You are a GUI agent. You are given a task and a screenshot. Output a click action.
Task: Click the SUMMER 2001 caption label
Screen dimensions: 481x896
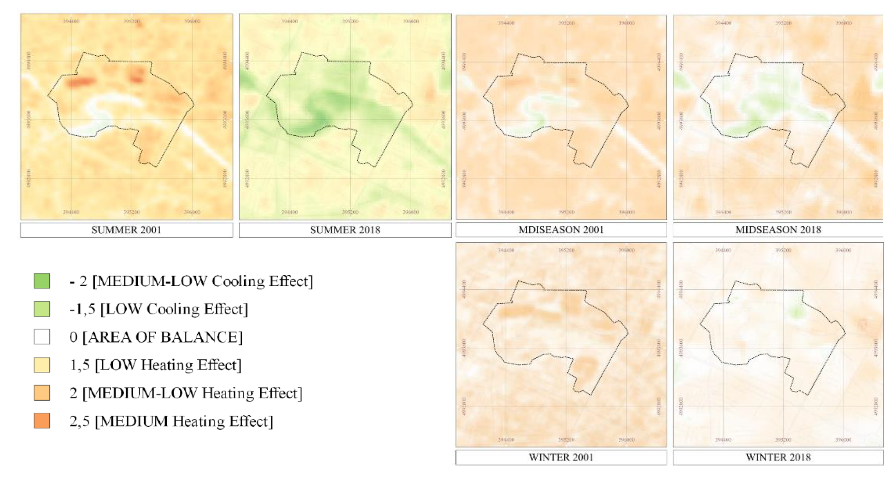click(x=126, y=230)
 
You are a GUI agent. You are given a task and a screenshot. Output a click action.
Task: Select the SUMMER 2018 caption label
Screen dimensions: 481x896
click(x=345, y=230)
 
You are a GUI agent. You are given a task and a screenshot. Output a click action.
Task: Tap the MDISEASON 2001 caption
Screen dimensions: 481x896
click(x=561, y=230)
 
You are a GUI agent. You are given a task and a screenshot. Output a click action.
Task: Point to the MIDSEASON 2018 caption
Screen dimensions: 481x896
click(x=778, y=230)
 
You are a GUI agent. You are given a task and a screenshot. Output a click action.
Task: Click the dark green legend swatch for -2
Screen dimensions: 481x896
click(x=42, y=281)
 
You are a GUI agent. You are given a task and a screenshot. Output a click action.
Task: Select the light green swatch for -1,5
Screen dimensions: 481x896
click(x=42, y=309)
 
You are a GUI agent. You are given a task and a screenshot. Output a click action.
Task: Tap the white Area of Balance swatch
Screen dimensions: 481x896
click(x=42, y=337)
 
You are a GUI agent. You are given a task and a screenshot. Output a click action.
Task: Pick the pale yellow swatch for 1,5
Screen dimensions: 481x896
click(x=42, y=365)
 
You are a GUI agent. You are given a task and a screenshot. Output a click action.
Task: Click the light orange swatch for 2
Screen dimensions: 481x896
click(x=42, y=393)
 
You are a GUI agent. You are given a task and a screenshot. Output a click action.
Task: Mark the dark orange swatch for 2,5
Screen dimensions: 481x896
click(x=42, y=421)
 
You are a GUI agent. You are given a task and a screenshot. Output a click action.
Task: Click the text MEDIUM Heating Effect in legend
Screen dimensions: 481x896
click(x=184, y=421)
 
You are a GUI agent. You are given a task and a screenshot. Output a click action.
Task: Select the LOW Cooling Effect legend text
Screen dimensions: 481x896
click(x=174, y=309)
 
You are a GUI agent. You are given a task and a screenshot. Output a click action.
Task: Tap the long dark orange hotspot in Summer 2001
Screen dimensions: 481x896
click(x=81, y=82)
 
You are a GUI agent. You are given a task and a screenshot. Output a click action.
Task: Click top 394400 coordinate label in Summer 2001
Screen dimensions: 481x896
click(x=71, y=22)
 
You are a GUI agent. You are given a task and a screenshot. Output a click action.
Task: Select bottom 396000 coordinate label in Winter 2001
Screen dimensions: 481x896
click(x=626, y=440)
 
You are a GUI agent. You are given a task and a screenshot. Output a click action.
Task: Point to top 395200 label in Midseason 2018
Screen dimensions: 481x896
click(x=783, y=23)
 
